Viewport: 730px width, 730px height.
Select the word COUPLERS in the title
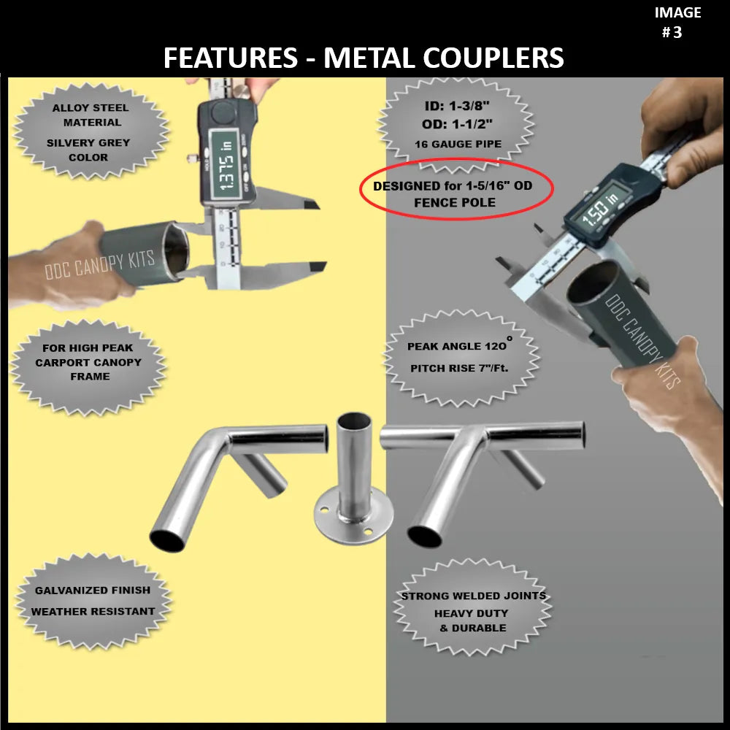[x=444, y=58]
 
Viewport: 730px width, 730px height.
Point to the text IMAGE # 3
[x=677, y=22]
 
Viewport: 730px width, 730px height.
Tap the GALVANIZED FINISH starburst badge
[x=93, y=600]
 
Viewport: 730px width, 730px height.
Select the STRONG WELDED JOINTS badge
[x=473, y=611]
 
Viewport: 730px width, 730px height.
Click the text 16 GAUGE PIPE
[x=458, y=144]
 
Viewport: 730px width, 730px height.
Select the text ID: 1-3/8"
[x=458, y=107]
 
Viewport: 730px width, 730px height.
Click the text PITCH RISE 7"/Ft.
[x=459, y=369]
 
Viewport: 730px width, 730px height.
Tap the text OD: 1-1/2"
[x=458, y=124]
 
